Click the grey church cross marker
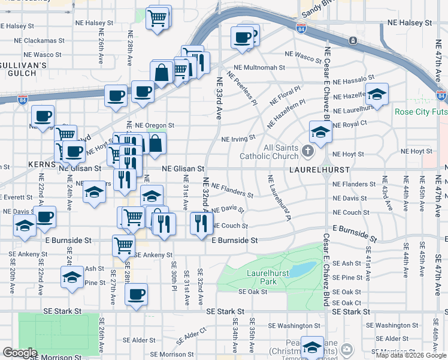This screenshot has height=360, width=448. coord(308,150)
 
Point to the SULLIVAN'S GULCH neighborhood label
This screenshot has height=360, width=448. coord(23,68)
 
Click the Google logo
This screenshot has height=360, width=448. coord(20,353)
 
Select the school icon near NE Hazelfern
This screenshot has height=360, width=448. coord(377,94)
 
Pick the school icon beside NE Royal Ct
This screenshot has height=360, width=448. coord(320,132)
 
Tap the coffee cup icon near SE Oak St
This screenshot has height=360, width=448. coord(136,295)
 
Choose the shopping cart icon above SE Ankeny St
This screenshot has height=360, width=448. coord(123,245)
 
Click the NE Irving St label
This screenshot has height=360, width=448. coord(238,139)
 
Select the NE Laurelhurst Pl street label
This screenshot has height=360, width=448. coord(279,197)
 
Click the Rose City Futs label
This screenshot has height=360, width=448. coord(420,112)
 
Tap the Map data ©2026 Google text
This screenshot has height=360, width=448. coord(411,355)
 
